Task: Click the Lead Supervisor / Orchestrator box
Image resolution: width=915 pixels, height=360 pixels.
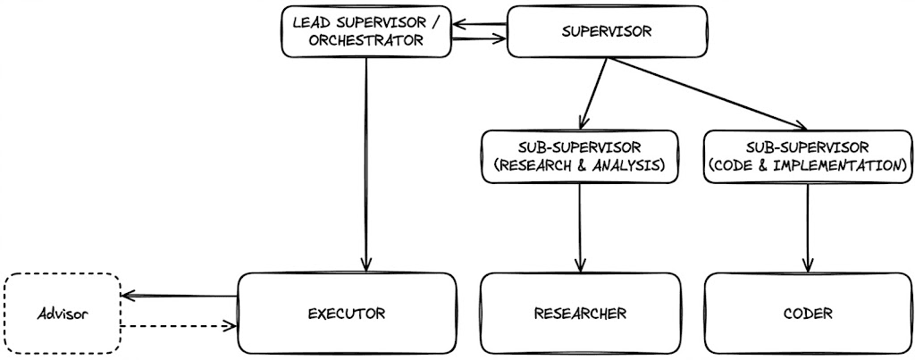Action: (x=366, y=32)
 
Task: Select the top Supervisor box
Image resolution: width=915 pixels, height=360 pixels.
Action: (x=607, y=31)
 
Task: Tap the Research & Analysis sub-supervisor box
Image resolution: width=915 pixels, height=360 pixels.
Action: (x=580, y=156)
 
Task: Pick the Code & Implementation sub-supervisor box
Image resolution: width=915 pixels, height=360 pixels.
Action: (x=808, y=156)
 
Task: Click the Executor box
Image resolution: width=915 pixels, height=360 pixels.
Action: (x=347, y=314)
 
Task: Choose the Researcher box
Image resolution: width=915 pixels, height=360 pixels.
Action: (x=580, y=314)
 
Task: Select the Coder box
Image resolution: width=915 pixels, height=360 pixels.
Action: (x=808, y=314)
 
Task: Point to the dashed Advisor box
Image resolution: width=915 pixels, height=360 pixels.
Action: (x=62, y=314)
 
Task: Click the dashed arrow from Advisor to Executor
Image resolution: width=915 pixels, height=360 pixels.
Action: (x=179, y=326)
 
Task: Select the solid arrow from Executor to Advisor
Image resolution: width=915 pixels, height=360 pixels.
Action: (x=179, y=297)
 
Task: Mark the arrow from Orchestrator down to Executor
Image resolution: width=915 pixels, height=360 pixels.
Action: (x=366, y=165)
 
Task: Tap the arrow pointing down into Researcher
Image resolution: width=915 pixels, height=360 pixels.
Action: (x=580, y=228)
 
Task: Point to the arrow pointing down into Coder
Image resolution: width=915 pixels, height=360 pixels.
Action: (x=808, y=228)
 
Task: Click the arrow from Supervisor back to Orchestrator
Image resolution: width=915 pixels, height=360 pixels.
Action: (x=479, y=25)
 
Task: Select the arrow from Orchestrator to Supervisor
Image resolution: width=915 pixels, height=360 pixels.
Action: (x=479, y=39)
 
